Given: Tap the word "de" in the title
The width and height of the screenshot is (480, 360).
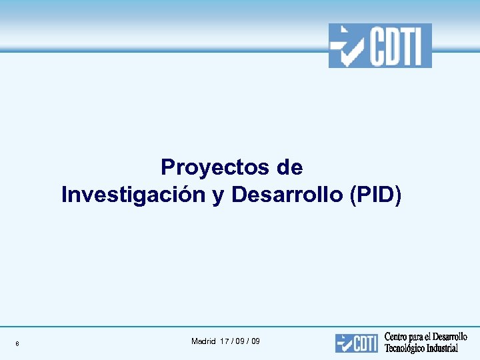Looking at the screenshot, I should click(289, 167).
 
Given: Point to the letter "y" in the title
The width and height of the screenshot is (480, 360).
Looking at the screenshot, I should click(218, 196).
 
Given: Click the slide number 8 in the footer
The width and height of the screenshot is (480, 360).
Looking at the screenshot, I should click(17, 344).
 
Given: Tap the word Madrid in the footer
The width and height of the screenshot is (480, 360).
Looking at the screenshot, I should click(203, 341).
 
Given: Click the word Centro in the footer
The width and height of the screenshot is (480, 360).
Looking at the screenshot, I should click(397, 337).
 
